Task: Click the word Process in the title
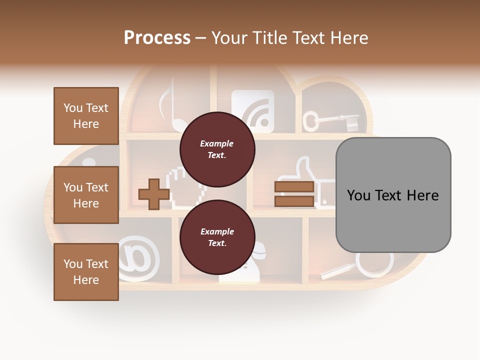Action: [157, 38]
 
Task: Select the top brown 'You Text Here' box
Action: [86, 116]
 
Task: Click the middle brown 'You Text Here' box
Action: [86, 195]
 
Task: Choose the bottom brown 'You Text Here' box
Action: [86, 272]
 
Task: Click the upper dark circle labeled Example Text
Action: [217, 149]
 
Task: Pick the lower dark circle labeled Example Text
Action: [217, 237]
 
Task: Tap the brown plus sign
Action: [153, 194]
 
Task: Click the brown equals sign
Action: [294, 194]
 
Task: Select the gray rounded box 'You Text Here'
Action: [393, 195]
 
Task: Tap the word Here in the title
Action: [350, 38]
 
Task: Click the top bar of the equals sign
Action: [294, 187]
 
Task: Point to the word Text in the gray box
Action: [392, 195]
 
